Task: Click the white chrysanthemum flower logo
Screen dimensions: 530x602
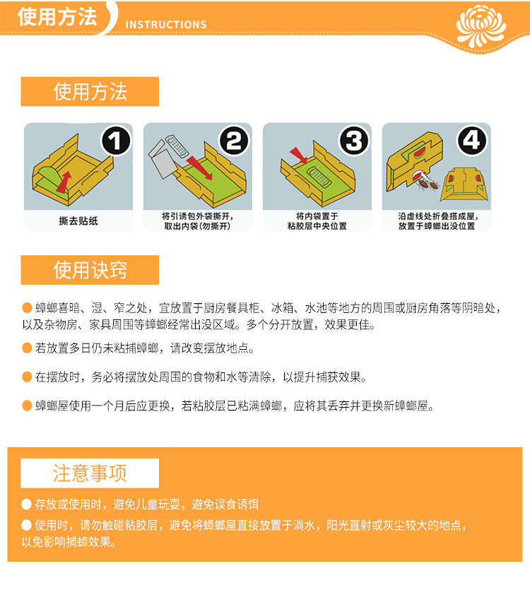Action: [x=481, y=25]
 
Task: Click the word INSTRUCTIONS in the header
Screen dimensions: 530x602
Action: [x=166, y=25]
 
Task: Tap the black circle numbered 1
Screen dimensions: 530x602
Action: [x=115, y=141]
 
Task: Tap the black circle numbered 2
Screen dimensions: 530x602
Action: [x=235, y=141]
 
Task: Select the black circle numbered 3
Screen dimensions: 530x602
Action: [x=354, y=141]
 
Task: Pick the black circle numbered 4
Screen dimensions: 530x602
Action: [x=472, y=141]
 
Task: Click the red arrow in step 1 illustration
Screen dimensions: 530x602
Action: [x=64, y=182]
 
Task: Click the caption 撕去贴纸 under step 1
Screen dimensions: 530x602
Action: [x=78, y=220]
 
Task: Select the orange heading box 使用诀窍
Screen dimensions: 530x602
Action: [x=90, y=270]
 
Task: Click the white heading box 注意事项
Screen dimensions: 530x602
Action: [x=90, y=473]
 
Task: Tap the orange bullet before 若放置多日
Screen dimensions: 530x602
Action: [x=27, y=348]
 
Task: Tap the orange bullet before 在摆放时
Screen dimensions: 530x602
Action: [x=27, y=377]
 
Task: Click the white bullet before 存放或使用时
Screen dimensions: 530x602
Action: [x=27, y=504]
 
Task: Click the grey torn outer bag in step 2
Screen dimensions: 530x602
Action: [x=163, y=160]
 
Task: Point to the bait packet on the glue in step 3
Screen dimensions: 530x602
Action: [x=319, y=177]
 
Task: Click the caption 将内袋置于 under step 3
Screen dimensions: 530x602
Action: [x=317, y=216]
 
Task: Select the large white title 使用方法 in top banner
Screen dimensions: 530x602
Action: [x=57, y=17]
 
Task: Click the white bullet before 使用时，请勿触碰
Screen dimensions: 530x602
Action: [x=27, y=525]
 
